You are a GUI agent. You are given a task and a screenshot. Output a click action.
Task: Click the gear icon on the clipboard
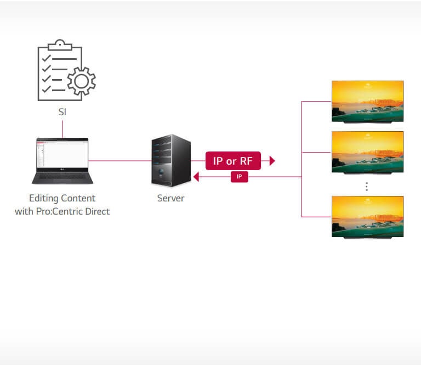81,82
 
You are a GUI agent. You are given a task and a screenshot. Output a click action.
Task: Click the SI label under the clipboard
62,112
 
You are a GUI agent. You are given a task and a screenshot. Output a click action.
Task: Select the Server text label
170,198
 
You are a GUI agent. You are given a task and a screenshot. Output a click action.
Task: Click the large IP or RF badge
233,161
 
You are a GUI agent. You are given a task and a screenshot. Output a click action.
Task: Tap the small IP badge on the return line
239,177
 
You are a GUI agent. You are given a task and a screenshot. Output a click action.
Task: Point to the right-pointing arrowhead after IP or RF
272,161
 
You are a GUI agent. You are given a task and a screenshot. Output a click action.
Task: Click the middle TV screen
367,151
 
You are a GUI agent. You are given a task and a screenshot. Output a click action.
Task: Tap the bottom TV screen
367,216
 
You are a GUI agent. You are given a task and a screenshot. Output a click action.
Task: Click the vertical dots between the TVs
367,187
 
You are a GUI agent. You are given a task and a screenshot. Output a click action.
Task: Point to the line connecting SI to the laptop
62,128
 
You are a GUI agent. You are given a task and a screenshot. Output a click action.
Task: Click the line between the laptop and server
121,161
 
